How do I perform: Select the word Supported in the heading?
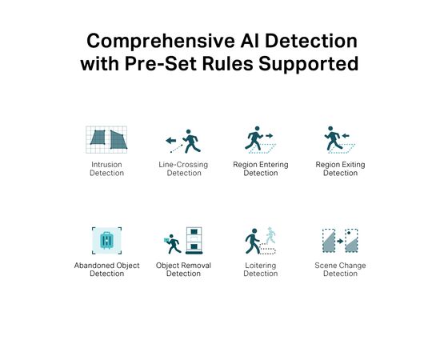pos(308,65)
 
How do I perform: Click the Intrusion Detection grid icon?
pos(106,139)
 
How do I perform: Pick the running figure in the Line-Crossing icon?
pos(191,141)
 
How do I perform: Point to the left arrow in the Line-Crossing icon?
pos(171,140)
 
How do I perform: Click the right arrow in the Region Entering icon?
pos(269,136)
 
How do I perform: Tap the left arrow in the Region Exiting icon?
pos(346,136)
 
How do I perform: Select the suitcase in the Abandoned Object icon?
pos(106,241)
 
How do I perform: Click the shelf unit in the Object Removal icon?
pos(194,241)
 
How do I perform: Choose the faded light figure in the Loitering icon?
pos(270,235)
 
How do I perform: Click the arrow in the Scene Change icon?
pos(340,241)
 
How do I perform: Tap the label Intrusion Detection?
pos(106,169)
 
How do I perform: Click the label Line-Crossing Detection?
pos(183,169)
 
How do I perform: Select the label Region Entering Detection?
pos(261,169)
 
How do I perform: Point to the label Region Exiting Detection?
pos(340,169)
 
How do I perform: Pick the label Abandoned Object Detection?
pos(106,270)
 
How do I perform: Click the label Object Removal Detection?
pos(183,270)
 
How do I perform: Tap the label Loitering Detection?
pos(261,270)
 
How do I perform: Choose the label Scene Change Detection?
pos(340,270)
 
